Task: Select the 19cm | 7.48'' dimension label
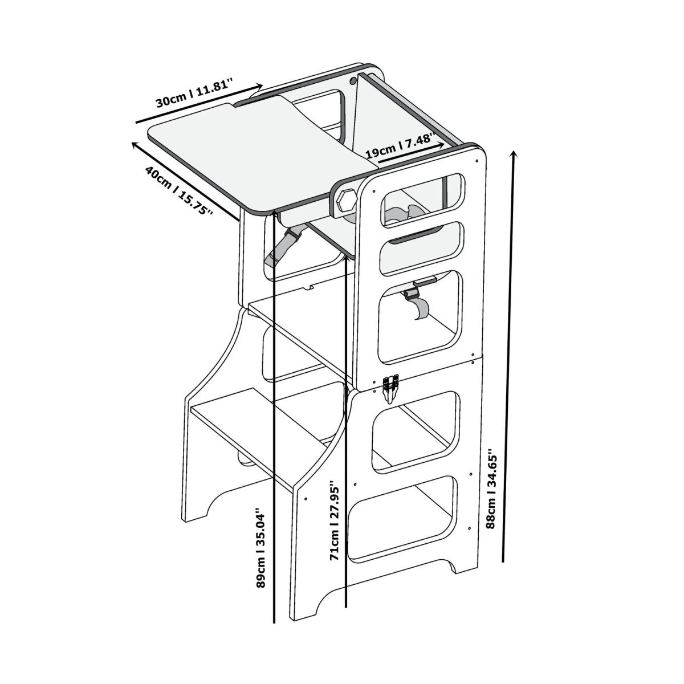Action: (x=400, y=146)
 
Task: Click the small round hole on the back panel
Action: (x=352, y=81)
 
